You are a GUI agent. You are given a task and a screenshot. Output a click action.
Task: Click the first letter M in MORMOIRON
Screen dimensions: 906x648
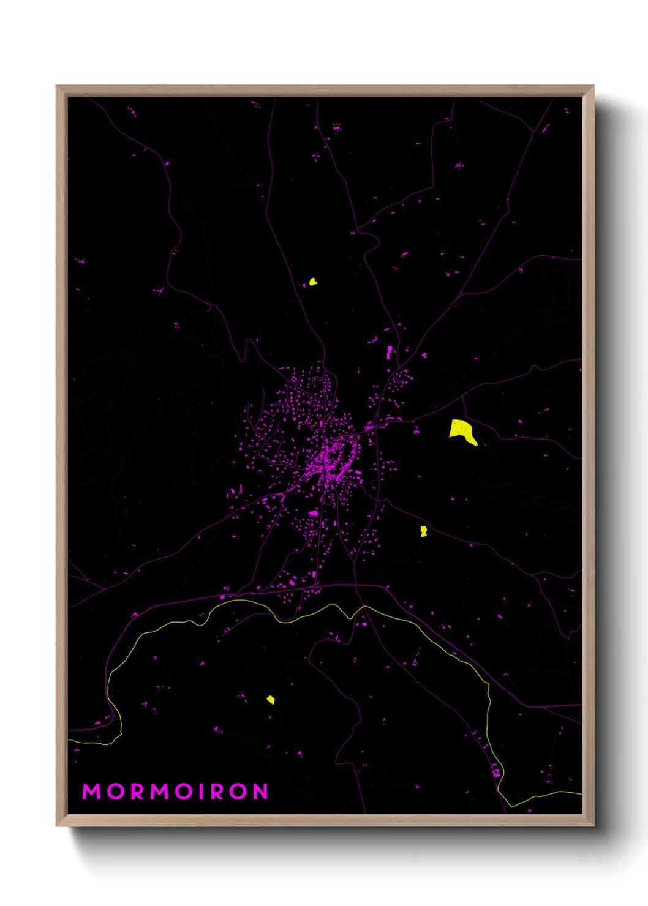point(91,792)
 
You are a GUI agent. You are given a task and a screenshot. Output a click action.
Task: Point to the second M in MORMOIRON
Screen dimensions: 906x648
point(160,792)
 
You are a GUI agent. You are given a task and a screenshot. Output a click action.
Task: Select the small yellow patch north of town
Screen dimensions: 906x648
point(313,282)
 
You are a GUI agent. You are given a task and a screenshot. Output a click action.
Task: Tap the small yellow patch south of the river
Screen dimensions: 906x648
point(271,700)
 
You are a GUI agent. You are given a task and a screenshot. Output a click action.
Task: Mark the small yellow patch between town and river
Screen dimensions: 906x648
point(423,531)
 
